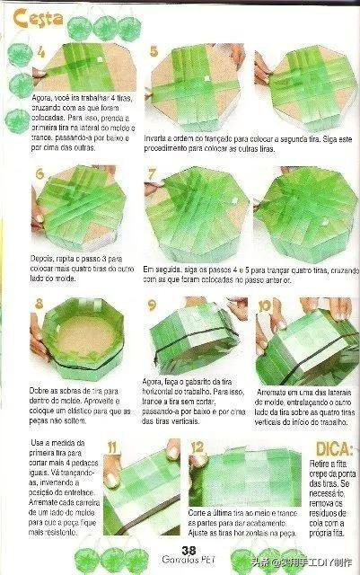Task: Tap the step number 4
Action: (41, 54)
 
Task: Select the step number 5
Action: (154, 52)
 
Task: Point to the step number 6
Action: (41, 174)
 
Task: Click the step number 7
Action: (154, 173)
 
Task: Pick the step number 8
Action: (40, 304)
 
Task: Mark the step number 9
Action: (153, 305)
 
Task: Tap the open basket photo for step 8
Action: (79, 341)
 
